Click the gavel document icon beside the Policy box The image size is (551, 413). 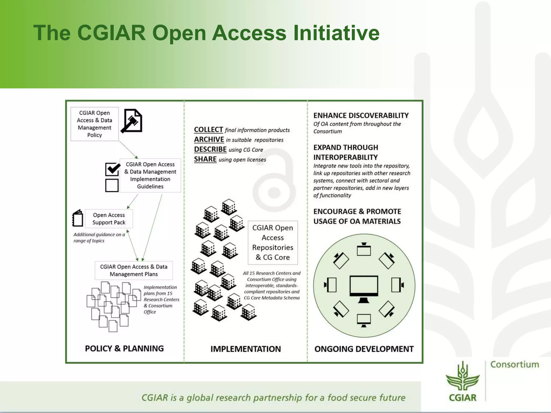point(132,121)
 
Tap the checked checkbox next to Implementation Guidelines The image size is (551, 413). point(112,169)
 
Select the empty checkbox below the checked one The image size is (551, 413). point(112,185)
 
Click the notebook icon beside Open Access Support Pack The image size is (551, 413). point(78,218)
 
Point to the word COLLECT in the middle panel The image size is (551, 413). point(209,130)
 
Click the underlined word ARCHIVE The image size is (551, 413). point(209,140)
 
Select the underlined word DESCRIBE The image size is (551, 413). point(210,149)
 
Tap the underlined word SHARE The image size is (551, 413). point(205,159)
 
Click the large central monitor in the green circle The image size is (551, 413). point(364,287)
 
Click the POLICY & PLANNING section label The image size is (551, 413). point(124,348)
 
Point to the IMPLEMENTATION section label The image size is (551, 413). point(245,349)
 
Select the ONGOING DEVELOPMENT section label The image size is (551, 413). point(364,349)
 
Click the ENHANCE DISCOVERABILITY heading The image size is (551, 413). point(361,115)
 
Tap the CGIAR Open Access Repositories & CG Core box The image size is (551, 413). point(273,242)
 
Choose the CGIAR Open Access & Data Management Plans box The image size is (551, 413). point(134,270)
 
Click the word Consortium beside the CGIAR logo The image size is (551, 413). point(515,364)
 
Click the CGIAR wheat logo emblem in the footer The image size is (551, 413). point(462,376)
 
